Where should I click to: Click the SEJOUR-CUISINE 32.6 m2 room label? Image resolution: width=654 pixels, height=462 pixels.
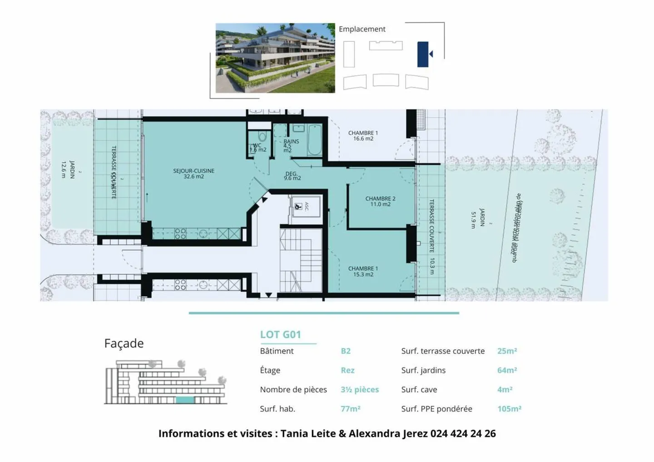click(193, 174)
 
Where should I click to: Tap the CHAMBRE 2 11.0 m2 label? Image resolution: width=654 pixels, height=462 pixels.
click(380, 201)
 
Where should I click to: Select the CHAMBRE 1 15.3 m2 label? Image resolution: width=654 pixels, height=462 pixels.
click(363, 271)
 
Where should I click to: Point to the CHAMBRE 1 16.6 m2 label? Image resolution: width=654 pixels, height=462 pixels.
click(363, 135)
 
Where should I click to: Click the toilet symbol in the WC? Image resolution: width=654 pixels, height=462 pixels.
click(262, 137)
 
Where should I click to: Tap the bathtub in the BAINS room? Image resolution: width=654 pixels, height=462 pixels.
click(314, 140)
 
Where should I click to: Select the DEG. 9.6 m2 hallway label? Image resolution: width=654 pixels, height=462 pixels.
click(292, 176)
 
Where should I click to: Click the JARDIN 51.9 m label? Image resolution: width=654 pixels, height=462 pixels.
click(478, 219)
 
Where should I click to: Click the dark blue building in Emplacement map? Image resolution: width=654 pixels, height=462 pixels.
click(423, 54)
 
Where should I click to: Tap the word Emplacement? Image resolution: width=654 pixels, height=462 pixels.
click(362, 29)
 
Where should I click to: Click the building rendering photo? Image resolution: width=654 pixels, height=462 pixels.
click(275, 58)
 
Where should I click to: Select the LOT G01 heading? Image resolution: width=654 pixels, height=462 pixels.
click(280, 335)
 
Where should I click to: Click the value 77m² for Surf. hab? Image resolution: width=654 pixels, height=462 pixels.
click(350, 409)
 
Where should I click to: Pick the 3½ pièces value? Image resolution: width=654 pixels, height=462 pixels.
click(359, 390)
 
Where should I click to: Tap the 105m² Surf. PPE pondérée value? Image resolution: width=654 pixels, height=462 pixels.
click(509, 409)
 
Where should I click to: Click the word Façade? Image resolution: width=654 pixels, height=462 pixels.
click(124, 343)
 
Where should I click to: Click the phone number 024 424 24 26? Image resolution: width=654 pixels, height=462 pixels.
click(463, 433)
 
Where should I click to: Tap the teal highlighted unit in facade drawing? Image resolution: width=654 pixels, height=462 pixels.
click(184, 400)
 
